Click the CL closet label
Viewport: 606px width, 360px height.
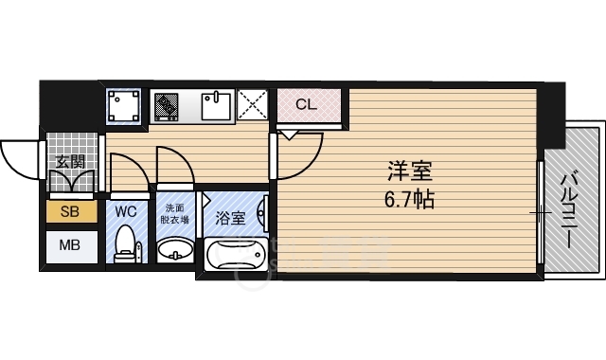coord(306,104)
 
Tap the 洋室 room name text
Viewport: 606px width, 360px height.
coord(410,174)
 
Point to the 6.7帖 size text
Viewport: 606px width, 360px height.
coord(410,201)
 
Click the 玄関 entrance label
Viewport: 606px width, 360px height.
coord(69,161)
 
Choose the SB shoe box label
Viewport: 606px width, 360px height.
coord(70,212)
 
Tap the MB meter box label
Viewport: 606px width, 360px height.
coord(70,247)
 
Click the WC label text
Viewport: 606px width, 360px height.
coord(126,212)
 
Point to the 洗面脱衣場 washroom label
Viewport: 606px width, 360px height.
coord(176,213)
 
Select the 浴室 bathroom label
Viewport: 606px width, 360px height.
coord(230,217)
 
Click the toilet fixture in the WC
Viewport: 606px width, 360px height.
coord(125,248)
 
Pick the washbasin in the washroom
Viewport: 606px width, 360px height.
coord(174,251)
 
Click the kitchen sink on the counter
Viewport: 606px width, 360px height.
coord(217,106)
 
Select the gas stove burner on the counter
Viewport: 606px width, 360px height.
coord(168,105)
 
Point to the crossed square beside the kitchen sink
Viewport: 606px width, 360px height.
coord(253,105)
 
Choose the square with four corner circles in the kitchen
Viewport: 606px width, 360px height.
coord(124,105)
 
